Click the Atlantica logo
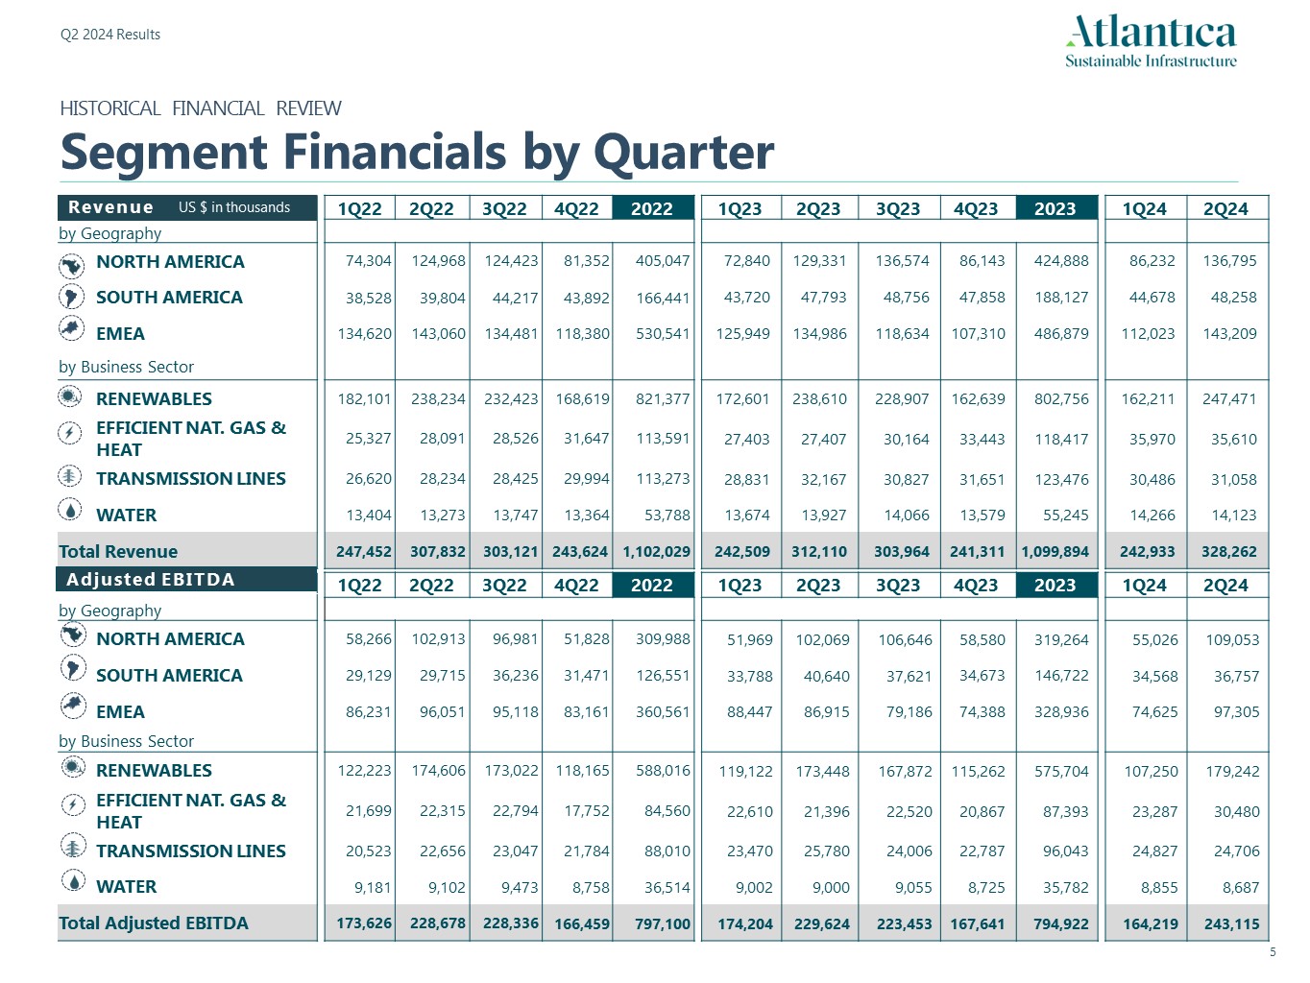click(x=1151, y=40)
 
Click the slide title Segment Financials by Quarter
click(x=417, y=152)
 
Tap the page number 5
click(x=1273, y=952)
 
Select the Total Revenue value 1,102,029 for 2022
click(x=656, y=552)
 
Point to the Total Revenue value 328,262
click(x=1228, y=552)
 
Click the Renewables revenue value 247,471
click(x=1228, y=399)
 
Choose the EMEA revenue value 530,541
click(x=662, y=334)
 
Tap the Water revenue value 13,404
click(x=368, y=515)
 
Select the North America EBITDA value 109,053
click(x=1236, y=639)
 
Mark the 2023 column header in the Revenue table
click(x=1055, y=208)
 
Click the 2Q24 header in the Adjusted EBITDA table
click(x=1225, y=585)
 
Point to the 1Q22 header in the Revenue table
click(x=359, y=208)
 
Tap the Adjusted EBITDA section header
click(x=150, y=580)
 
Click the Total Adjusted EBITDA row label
click(x=154, y=923)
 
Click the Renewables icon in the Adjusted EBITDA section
click(x=72, y=767)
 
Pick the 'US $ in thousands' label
click(x=233, y=207)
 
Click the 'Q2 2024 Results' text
click(x=110, y=35)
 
